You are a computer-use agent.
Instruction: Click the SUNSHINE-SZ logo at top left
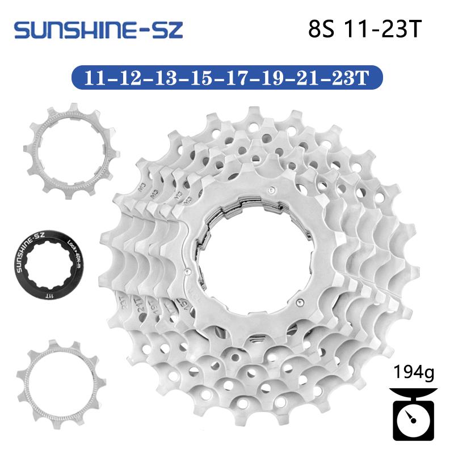click(98, 30)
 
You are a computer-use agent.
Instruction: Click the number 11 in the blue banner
click(95, 78)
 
